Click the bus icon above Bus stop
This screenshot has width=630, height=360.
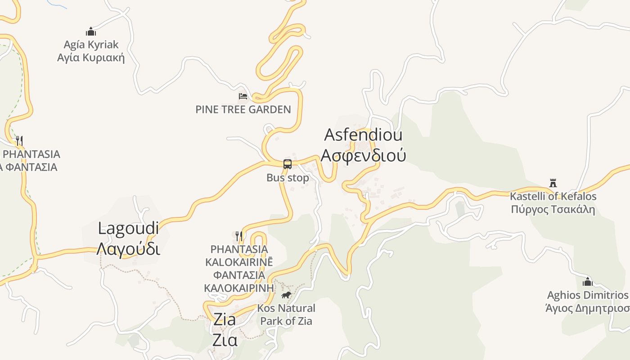click(288, 164)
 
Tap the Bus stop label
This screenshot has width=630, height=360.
click(288, 178)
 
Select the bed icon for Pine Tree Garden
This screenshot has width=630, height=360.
click(243, 96)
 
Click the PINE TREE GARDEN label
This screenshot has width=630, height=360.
click(243, 109)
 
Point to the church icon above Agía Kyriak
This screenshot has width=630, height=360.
click(91, 31)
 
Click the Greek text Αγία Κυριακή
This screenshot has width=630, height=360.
click(91, 58)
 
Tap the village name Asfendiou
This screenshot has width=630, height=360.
click(363, 135)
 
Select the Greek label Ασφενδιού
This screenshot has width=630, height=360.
click(363, 155)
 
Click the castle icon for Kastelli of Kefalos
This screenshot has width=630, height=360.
click(553, 183)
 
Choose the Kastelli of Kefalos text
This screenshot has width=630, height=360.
click(553, 196)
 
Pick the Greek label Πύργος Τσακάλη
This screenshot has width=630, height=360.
click(553, 209)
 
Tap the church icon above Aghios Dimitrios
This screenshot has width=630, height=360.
click(587, 282)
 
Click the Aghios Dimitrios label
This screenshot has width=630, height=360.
click(587, 295)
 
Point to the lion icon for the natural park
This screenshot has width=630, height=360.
click(286, 295)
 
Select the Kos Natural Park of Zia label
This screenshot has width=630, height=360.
click(286, 315)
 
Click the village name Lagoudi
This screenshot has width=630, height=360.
click(128, 228)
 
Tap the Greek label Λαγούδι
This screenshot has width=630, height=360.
click(128, 248)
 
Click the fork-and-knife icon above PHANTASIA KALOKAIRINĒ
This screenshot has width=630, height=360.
click(239, 235)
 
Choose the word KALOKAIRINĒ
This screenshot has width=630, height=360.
click(239, 262)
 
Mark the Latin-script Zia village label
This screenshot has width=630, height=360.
click(225, 319)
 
